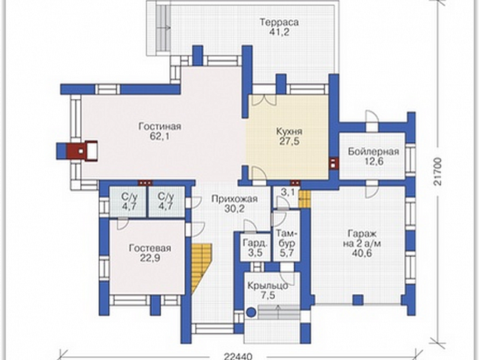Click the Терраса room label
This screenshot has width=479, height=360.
click(279, 23)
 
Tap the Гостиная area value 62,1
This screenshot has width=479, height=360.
click(159, 136)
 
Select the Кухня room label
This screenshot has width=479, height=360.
click(289, 132)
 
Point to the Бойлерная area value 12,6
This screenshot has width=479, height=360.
click(374, 161)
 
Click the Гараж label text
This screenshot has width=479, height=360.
click(362, 234)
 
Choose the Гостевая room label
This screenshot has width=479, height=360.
click(150, 248)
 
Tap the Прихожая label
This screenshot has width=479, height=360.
click(235, 199)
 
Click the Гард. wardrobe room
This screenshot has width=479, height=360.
click(255, 248)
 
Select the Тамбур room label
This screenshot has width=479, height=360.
click(286, 239)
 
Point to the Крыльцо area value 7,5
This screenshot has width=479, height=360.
click(268, 296)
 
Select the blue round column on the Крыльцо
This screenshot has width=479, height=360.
click(251, 312)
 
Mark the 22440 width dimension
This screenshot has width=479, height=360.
click(237, 356)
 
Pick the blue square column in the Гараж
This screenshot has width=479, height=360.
click(358, 300)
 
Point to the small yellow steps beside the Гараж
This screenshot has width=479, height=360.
click(304, 199)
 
